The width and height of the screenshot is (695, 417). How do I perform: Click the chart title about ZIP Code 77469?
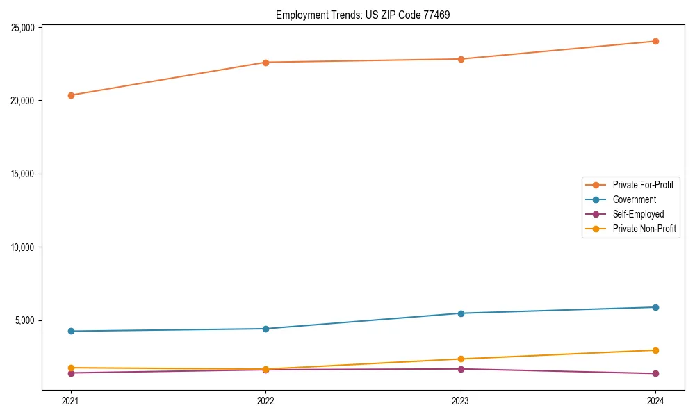(x=363, y=15)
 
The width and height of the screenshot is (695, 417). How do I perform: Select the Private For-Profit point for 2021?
(x=70, y=95)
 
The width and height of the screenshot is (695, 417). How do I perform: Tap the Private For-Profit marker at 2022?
(x=265, y=63)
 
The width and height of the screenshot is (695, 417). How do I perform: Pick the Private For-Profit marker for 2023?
(x=461, y=59)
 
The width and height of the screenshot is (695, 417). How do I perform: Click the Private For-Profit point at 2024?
(x=655, y=41)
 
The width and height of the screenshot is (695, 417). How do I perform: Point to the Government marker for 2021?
(x=70, y=331)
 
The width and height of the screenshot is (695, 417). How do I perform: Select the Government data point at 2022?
(x=265, y=329)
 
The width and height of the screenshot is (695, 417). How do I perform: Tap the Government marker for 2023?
(x=461, y=313)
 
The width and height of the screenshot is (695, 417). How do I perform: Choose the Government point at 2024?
(x=655, y=307)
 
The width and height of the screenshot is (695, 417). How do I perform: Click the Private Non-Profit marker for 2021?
(x=70, y=368)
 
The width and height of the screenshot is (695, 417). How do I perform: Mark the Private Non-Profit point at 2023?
(x=461, y=359)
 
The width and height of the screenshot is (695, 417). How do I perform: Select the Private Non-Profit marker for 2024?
(x=655, y=350)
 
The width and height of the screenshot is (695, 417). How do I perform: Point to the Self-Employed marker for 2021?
(x=70, y=373)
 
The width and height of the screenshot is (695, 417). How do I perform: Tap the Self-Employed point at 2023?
(x=461, y=369)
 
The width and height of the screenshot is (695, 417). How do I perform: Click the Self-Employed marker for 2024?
(x=655, y=374)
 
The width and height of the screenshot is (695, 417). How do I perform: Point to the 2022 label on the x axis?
(x=265, y=400)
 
